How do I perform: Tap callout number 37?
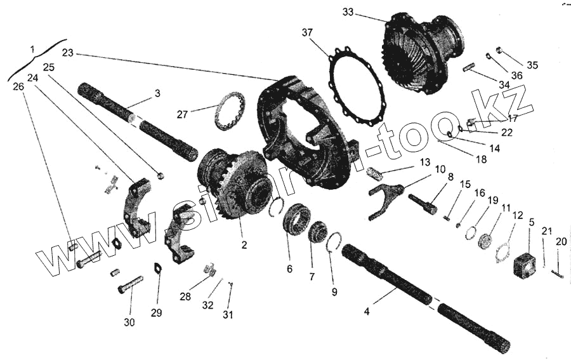[307, 32]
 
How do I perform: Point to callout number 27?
[183, 114]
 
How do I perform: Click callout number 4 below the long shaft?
[367, 311]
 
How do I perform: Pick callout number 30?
[129, 322]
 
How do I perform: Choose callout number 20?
[561, 241]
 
